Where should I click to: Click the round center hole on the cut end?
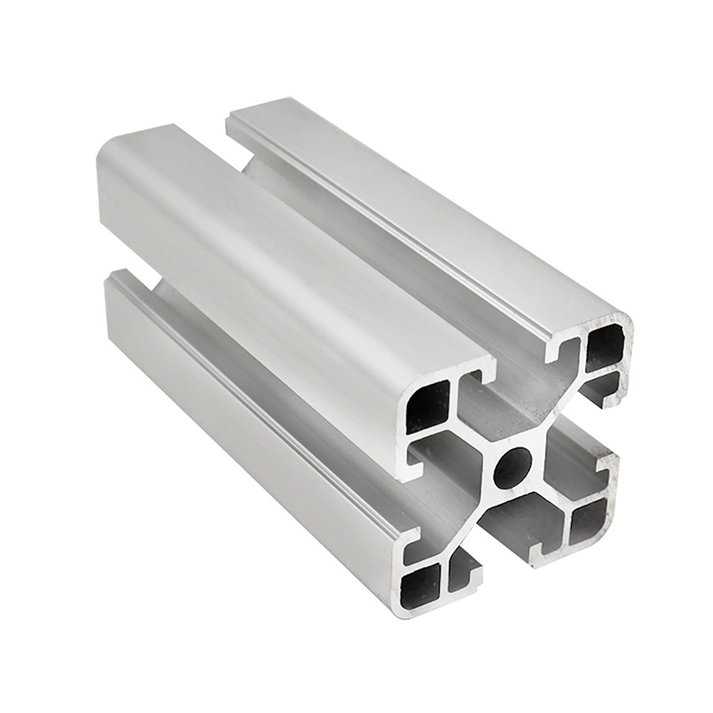pyautogui.click(x=513, y=467)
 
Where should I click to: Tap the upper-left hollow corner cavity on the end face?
pyautogui.click(x=427, y=406)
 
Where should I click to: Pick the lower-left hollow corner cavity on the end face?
pyautogui.click(x=421, y=585)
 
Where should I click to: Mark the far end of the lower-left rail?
pyautogui.click(x=119, y=285)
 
